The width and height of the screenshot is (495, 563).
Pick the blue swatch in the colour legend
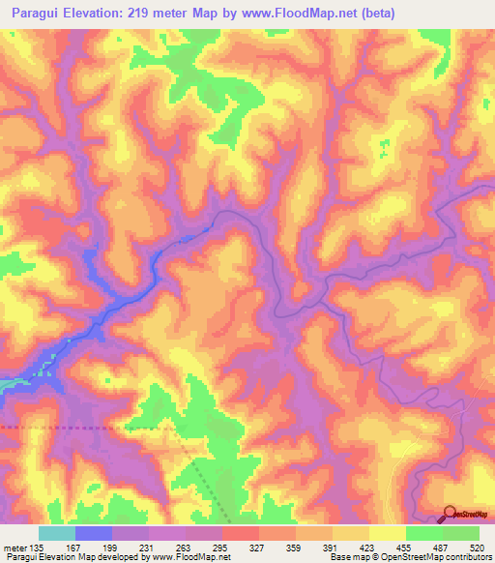93,533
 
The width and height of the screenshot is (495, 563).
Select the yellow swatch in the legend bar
387,533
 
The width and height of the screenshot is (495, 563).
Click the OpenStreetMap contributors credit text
436,557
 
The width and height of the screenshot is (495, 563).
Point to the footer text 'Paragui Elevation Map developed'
68,557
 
